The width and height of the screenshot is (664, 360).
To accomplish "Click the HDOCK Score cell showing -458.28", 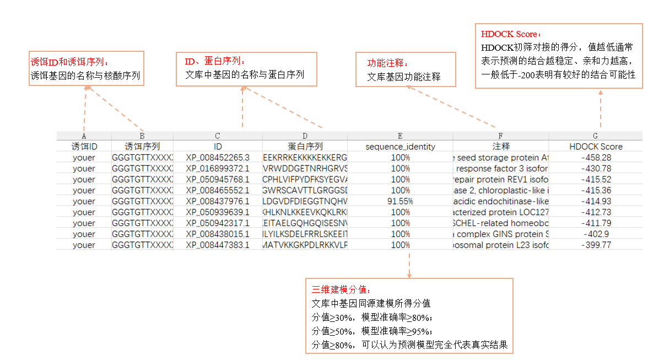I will [x=596, y=158].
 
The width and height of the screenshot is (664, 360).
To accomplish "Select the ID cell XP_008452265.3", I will [x=218, y=158].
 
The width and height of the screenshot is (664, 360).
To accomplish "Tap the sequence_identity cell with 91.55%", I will [x=400, y=201].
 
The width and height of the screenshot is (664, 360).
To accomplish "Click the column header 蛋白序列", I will [x=305, y=147].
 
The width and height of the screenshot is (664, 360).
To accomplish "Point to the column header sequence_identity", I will [x=400, y=147].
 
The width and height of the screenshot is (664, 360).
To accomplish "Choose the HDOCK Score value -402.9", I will [x=596, y=234].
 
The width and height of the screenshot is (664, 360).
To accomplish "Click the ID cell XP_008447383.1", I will [x=218, y=245].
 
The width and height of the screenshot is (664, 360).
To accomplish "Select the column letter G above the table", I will [x=596, y=136].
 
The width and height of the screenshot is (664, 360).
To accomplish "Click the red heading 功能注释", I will [x=388, y=63].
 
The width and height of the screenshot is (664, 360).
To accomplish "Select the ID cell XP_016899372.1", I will [x=218, y=168].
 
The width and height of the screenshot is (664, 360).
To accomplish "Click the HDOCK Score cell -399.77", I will [x=596, y=245].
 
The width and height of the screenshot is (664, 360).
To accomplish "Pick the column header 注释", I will [x=500, y=147].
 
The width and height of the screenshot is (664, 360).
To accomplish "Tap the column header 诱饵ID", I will [x=84, y=147].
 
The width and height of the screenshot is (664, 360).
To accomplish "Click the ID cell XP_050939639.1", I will [x=218, y=212].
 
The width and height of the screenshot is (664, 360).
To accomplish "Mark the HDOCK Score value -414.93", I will [x=596, y=201].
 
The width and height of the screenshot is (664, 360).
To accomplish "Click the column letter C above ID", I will [x=218, y=136].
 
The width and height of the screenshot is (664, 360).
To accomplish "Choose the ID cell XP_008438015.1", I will [x=218, y=234].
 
